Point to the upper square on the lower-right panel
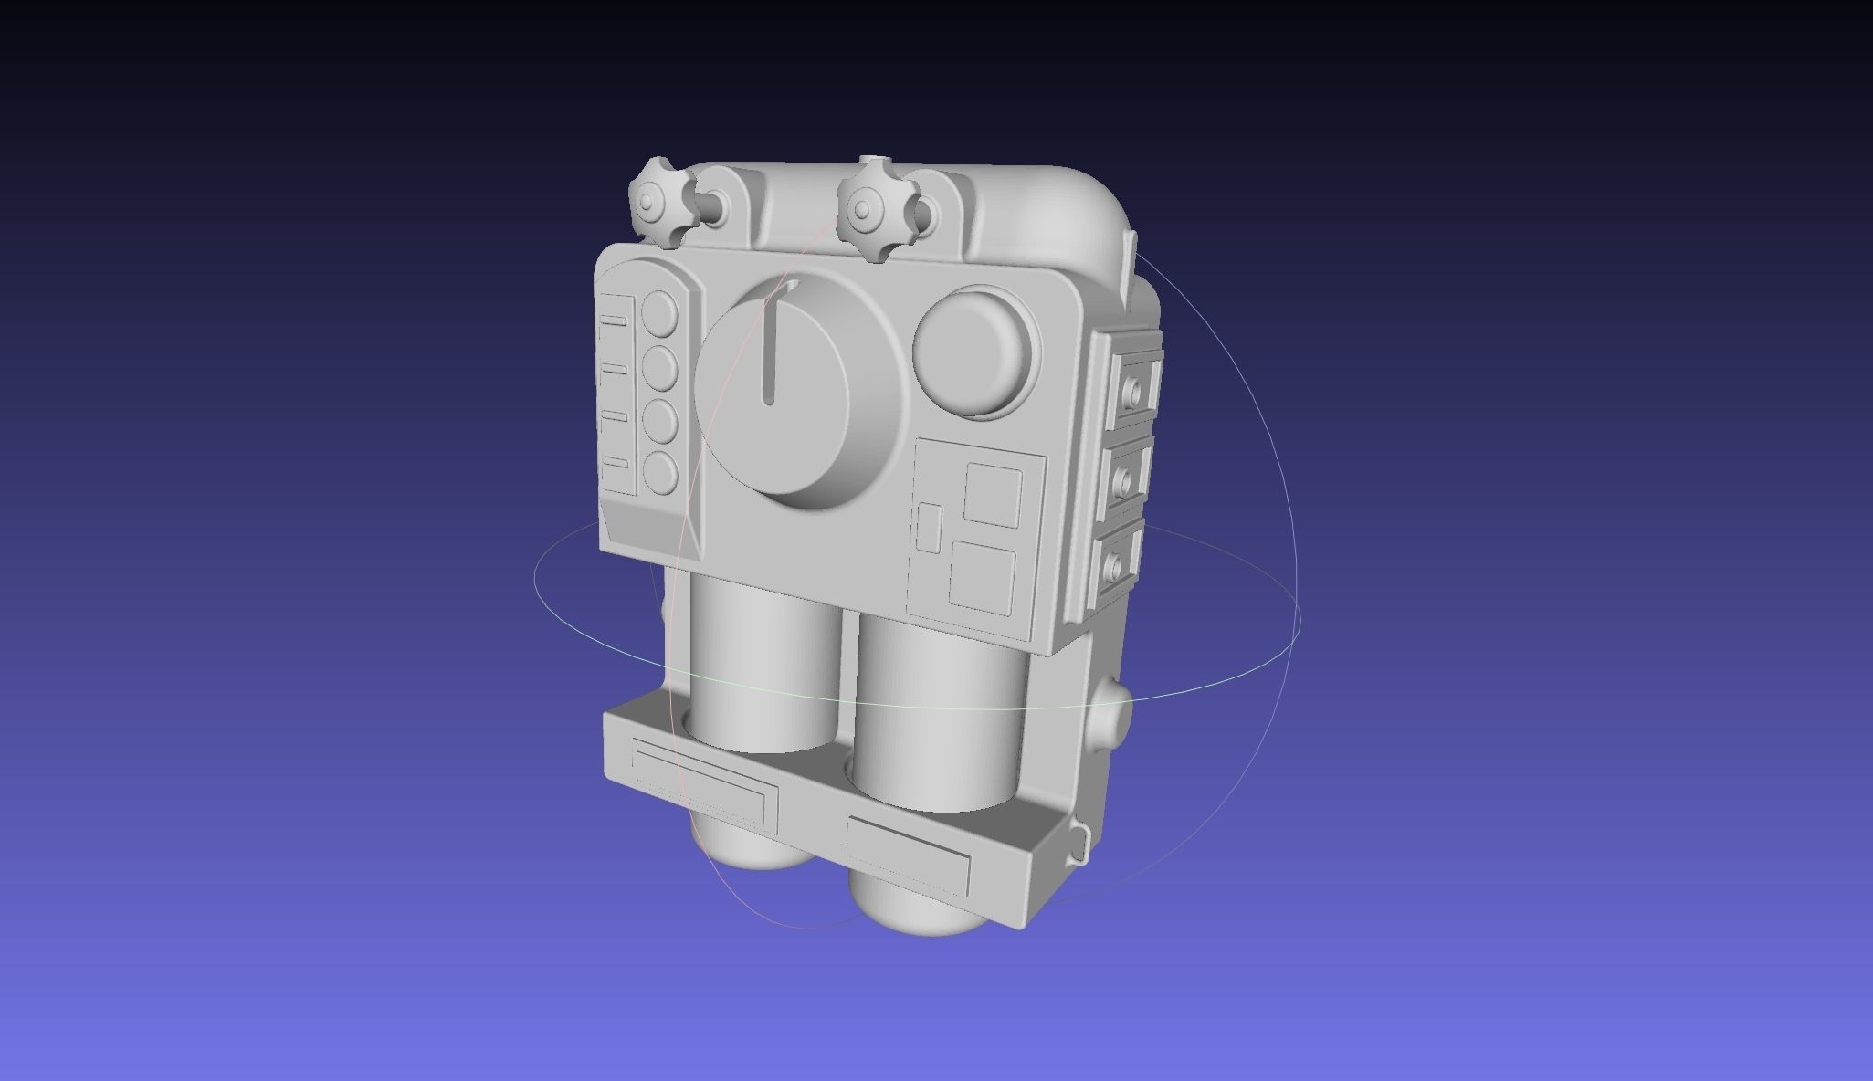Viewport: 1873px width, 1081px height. point(994,494)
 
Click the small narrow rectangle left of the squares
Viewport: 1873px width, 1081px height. point(929,527)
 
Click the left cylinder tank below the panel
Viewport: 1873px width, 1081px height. point(763,666)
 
